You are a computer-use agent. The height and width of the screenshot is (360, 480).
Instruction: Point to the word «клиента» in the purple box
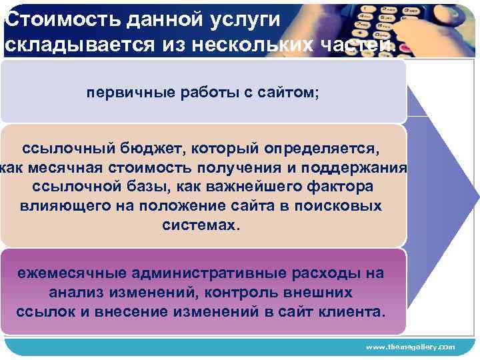point(354,312)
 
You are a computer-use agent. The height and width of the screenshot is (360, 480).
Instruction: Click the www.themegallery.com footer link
point(410,347)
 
